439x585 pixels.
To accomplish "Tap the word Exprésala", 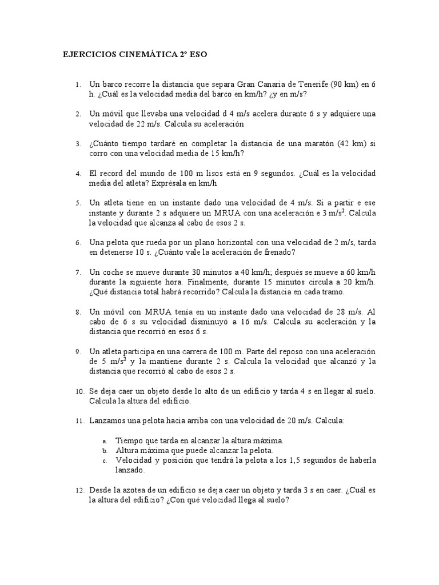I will tap(172, 183).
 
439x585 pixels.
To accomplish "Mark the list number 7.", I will tap(78, 273).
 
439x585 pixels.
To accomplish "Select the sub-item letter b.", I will tap(105, 451).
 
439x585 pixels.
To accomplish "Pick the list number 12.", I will tap(79, 491).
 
